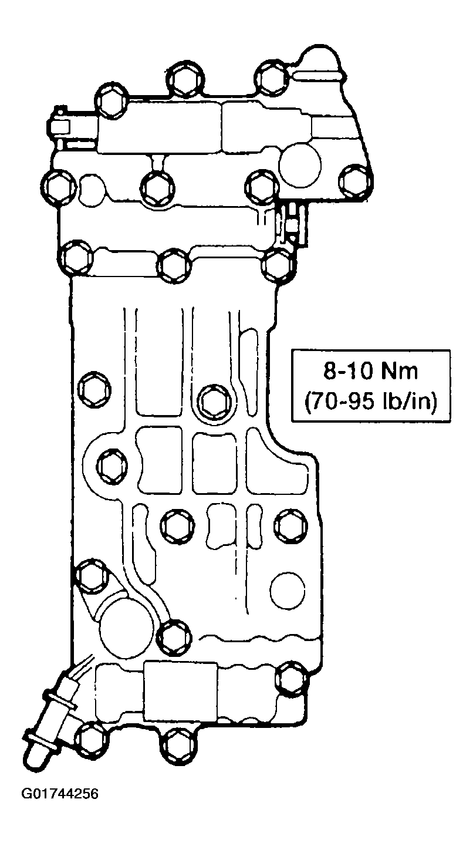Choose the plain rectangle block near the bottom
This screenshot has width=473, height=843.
point(180,692)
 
